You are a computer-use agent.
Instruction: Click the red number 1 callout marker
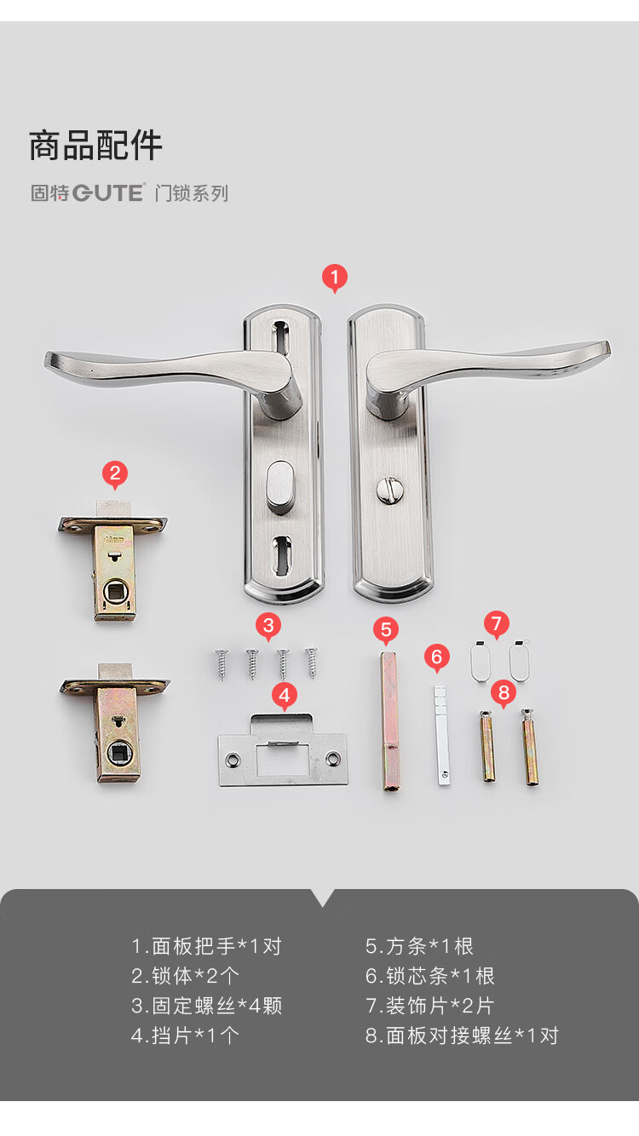pos(335,278)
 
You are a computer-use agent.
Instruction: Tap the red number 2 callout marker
pos(115,474)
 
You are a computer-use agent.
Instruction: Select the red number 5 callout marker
pos(386,630)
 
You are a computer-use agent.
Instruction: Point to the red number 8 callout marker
pos(504,693)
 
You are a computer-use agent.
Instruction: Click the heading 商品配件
pos(96,146)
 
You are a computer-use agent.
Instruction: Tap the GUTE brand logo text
pos(108,193)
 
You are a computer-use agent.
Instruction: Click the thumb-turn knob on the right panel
pos(390,491)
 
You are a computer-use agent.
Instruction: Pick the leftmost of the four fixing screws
pos(222,664)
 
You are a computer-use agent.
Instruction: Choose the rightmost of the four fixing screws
pos(312,663)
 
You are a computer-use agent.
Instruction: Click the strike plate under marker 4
pos(283,750)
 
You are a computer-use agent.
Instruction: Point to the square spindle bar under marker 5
pos(390,721)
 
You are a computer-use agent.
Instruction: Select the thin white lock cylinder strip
pos(441,736)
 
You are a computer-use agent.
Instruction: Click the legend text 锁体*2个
pos(185,976)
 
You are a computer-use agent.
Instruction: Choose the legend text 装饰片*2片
pos(430,1006)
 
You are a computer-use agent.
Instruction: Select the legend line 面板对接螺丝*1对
pos(463,1036)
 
